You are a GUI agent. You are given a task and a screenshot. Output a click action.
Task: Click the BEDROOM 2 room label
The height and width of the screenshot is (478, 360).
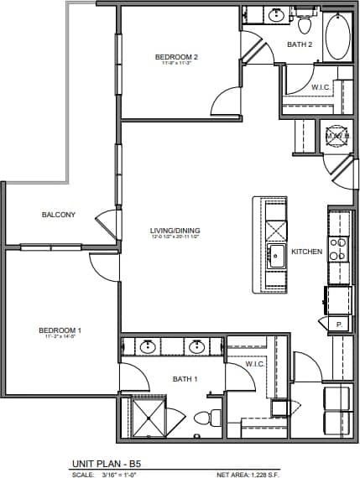[x=175, y=57]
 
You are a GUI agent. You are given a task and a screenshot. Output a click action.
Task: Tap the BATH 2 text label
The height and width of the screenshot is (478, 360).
[x=300, y=44]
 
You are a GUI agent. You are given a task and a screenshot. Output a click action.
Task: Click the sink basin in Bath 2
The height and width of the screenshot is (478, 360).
[x=276, y=14]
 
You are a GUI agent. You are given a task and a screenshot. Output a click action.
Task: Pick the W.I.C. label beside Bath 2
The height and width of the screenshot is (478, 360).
[x=321, y=86]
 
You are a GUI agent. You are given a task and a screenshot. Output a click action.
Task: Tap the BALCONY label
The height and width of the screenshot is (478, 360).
[x=58, y=215]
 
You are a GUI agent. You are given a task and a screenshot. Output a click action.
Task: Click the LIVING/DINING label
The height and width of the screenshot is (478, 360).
[x=175, y=231]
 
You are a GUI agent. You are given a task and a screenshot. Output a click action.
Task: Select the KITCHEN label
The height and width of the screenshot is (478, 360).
[x=306, y=252]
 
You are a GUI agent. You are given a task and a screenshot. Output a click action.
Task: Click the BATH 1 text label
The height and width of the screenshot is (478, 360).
[x=185, y=379]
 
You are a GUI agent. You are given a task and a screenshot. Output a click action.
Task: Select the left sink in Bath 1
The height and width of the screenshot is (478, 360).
[x=148, y=347]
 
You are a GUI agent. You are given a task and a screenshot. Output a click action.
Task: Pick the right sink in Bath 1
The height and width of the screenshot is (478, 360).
[x=198, y=347]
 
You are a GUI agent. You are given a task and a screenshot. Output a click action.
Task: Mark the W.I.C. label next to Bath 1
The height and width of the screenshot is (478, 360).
[x=255, y=365]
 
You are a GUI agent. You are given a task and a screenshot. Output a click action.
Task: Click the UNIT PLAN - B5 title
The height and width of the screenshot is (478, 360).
[x=106, y=464]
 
